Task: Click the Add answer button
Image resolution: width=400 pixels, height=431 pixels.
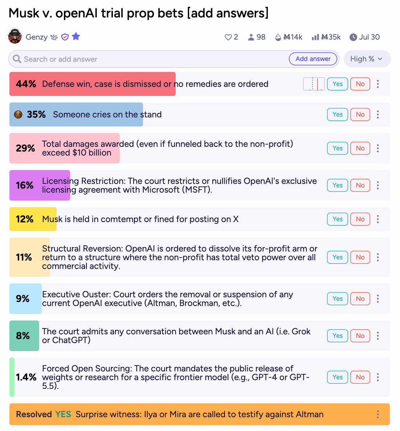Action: tap(313, 59)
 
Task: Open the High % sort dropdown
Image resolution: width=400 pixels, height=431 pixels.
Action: tap(367, 59)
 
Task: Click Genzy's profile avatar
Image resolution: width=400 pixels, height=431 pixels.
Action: tap(15, 36)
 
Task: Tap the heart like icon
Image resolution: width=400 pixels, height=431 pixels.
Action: tap(228, 37)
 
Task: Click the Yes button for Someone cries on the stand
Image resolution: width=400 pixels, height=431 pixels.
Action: tap(338, 114)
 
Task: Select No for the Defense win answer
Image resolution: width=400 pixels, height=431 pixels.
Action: tap(360, 84)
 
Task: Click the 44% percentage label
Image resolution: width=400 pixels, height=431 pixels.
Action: tap(26, 84)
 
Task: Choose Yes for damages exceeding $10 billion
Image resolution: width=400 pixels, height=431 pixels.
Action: tap(338, 148)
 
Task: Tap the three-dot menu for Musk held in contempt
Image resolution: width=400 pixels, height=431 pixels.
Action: tap(378, 219)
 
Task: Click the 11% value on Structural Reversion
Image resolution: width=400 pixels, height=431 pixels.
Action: tap(24, 257)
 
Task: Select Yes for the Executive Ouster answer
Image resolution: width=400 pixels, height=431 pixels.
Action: tap(338, 298)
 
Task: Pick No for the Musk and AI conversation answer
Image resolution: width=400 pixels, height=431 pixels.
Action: tap(360, 336)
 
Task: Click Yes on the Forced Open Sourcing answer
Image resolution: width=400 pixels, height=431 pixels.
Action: tap(338, 377)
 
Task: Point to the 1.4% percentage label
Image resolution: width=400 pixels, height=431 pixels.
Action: tap(26, 377)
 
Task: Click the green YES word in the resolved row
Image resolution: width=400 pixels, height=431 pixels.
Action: tap(63, 414)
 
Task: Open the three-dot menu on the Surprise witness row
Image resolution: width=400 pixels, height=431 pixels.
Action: tap(378, 414)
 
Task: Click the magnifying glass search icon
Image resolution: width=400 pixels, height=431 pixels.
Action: tap(17, 59)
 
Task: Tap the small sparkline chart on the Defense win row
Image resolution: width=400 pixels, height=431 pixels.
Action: tap(314, 84)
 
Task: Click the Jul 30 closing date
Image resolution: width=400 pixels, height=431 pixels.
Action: tap(364, 37)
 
